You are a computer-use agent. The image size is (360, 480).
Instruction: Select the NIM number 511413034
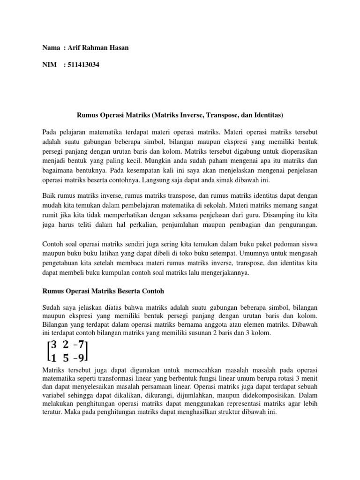(x=83, y=65)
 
